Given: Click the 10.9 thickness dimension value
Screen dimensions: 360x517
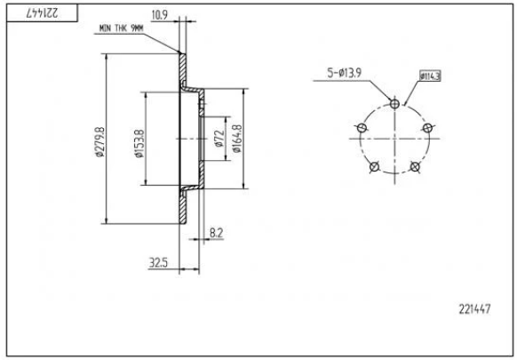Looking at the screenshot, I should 160,15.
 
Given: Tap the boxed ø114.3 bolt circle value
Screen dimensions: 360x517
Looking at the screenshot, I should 430,76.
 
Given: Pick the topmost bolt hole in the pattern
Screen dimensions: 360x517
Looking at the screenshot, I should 394,103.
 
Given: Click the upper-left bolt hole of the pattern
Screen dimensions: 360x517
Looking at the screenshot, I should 361,128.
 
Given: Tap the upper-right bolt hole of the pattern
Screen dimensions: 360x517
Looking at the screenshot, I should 427,128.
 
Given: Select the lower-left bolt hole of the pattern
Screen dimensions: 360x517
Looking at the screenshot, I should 374,167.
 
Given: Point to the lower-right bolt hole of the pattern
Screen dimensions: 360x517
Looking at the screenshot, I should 415,167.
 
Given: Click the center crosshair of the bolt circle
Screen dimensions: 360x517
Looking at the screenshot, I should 394,140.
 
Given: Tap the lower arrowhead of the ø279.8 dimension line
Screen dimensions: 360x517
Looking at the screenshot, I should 108,221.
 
